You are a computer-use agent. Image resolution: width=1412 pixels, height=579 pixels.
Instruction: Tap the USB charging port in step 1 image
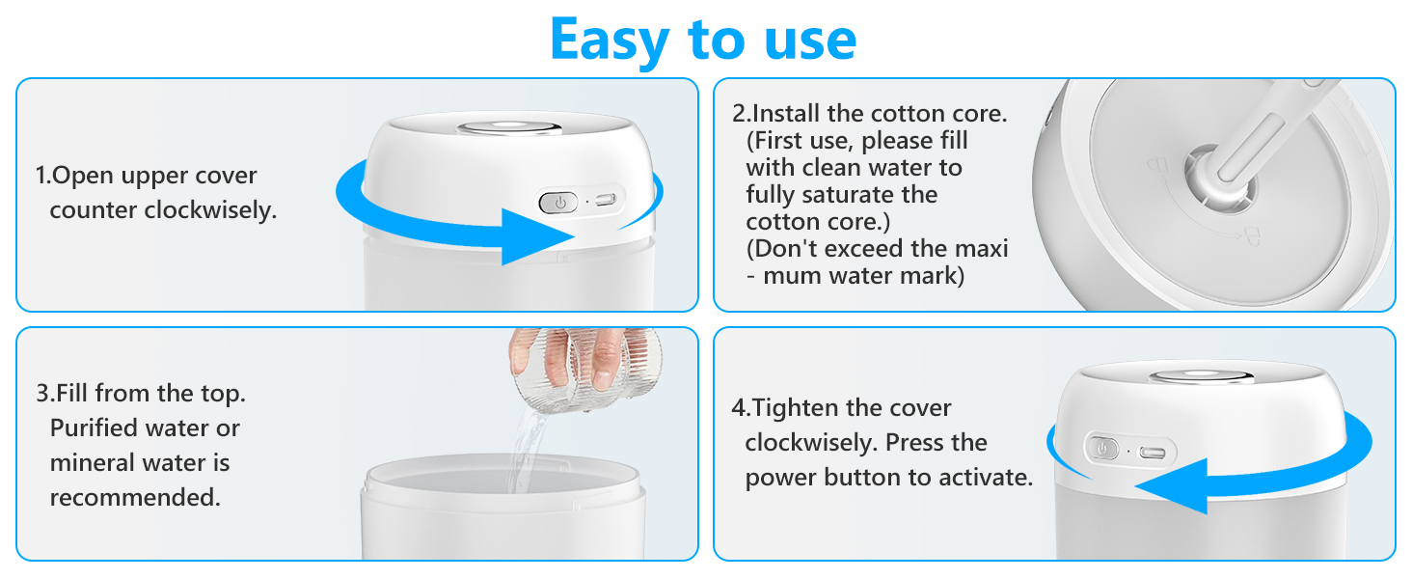tap(606, 201)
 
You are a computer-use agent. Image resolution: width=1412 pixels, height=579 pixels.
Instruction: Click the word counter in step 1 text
tap(92, 210)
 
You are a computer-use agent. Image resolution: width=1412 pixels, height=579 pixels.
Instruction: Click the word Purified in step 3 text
tap(94, 428)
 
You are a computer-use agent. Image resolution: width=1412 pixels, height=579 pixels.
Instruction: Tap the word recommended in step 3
tap(135, 498)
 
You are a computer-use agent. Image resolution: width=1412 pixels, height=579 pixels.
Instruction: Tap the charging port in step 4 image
tap(1152, 452)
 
